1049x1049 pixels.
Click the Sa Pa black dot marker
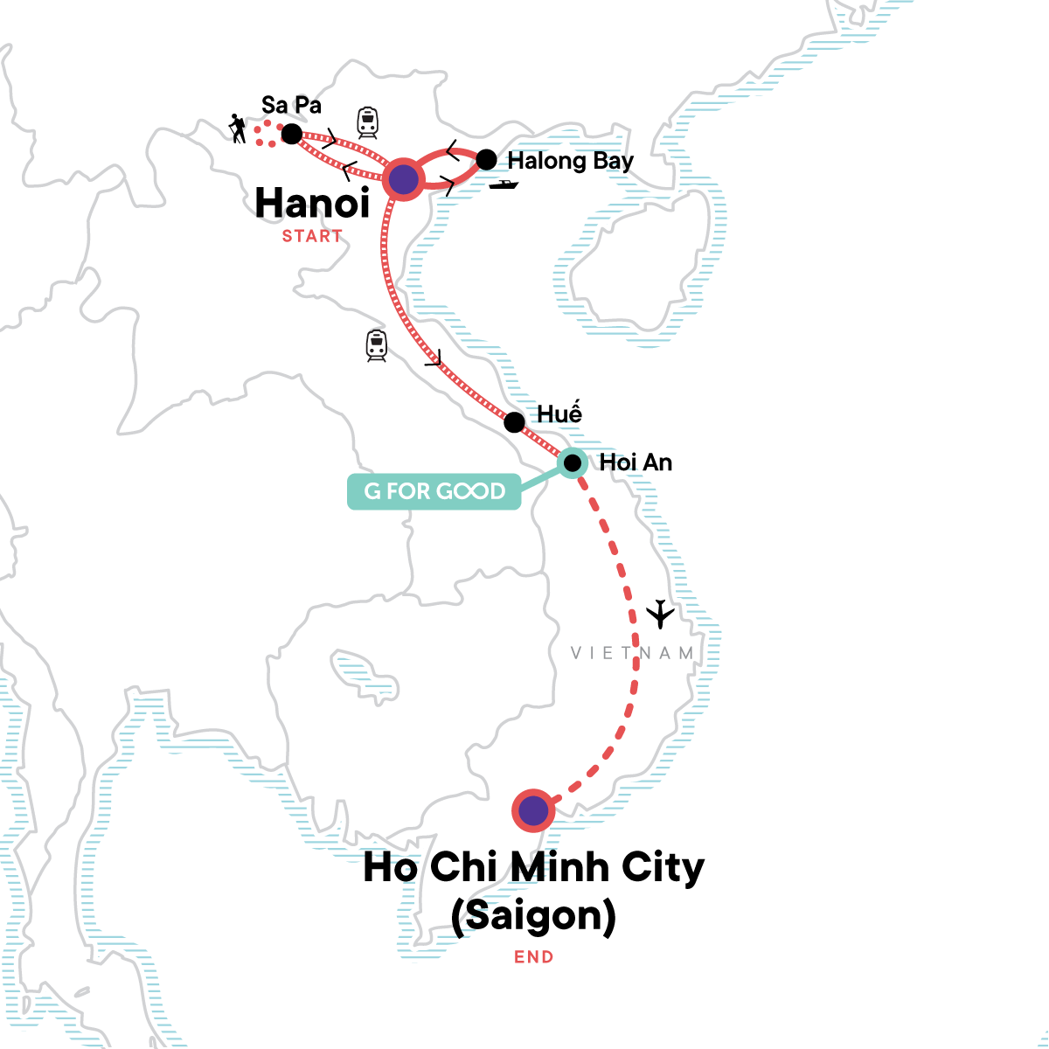pyautogui.click(x=291, y=134)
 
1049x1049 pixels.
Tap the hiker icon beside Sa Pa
pyautogui.click(x=237, y=129)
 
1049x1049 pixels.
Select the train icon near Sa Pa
pyautogui.click(x=367, y=122)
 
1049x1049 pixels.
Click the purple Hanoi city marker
pyautogui.click(x=402, y=180)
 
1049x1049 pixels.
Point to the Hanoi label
pyautogui.click(x=312, y=204)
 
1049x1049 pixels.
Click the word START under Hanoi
pyautogui.click(x=312, y=236)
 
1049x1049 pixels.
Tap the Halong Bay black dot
pyautogui.click(x=486, y=159)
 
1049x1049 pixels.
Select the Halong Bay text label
pyautogui.click(x=570, y=161)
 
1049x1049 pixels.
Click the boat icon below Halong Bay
pyautogui.click(x=504, y=184)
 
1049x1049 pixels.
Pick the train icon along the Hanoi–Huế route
pyautogui.click(x=377, y=345)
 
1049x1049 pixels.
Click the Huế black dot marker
pyautogui.click(x=514, y=422)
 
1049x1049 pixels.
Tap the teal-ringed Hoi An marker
pyautogui.click(x=572, y=462)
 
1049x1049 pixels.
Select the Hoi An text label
pyautogui.click(x=636, y=462)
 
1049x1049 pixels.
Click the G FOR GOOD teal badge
pyautogui.click(x=434, y=491)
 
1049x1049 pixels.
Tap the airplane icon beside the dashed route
pyautogui.click(x=661, y=614)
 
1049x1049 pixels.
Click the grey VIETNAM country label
pyautogui.click(x=633, y=653)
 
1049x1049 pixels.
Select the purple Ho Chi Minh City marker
pyautogui.click(x=533, y=811)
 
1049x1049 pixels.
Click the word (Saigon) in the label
pyautogui.click(x=533, y=915)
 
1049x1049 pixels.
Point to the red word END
pyautogui.click(x=533, y=957)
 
